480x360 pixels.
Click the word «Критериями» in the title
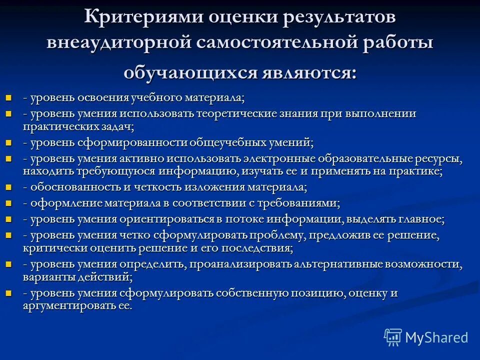click(142, 16)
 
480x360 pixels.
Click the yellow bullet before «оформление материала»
click(8, 202)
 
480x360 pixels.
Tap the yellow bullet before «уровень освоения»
click(8, 96)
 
